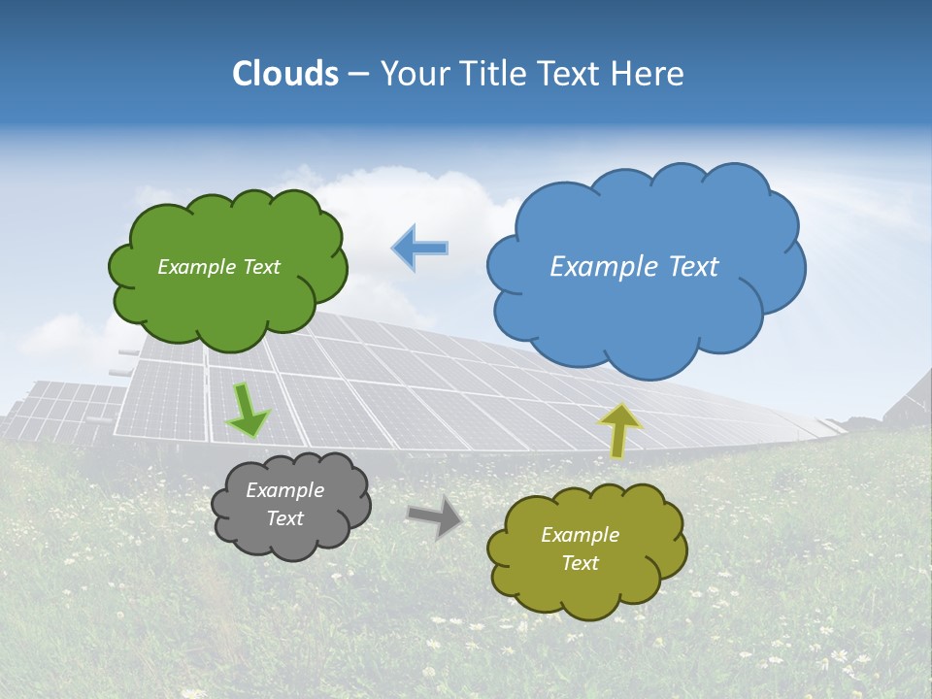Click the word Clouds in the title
click(285, 74)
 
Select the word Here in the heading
click(647, 74)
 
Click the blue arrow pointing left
click(420, 248)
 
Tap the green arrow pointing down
click(247, 411)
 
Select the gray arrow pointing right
click(434, 516)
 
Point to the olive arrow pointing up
click(618, 430)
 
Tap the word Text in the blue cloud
click(694, 267)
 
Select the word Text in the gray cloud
click(284, 518)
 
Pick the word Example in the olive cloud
click(580, 535)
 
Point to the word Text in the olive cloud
click(580, 563)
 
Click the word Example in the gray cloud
click(284, 490)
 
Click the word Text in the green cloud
click(260, 267)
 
